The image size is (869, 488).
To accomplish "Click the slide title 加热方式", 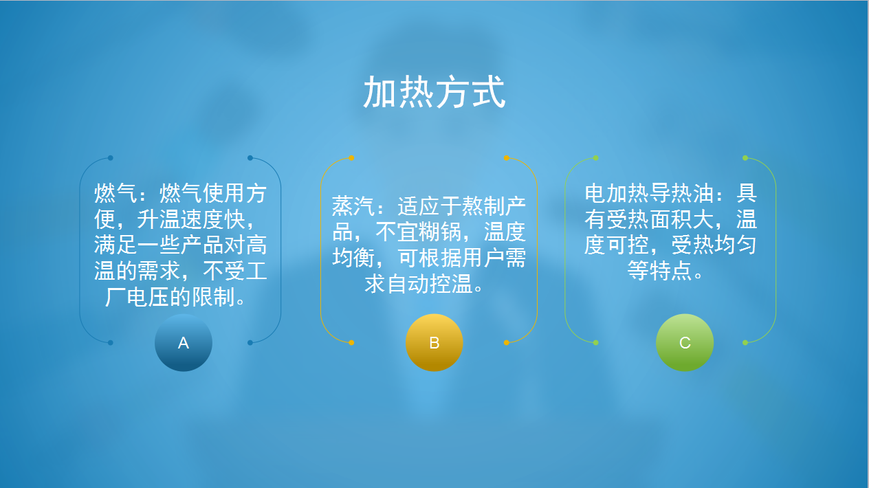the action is (x=434, y=92).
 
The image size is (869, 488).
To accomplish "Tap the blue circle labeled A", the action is (x=184, y=342).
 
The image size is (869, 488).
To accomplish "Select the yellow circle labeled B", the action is (x=434, y=342).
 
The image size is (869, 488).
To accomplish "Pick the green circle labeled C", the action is (x=685, y=342).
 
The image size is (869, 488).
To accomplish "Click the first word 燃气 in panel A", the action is (x=115, y=193).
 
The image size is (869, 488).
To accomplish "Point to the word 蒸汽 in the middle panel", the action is (x=353, y=206).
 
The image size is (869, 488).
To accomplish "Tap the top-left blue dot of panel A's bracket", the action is (x=111, y=158).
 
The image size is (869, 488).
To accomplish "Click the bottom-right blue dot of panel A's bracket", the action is (x=250, y=342).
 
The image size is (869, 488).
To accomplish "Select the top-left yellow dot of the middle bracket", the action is (x=351, y=158).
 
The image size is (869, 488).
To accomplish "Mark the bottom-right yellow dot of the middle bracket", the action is (x=506, y=342).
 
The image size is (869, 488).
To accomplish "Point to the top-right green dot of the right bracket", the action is (x=745, y=158).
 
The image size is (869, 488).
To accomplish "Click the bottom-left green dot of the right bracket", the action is (x=596, y=342).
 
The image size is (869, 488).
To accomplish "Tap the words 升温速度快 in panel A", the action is (x=191, y=219).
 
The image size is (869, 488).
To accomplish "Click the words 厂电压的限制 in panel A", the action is (x=170, y=297).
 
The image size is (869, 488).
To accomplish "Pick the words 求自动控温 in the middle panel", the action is (x=418, y=284).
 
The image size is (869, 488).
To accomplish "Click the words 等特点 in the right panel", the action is (x=660, y=271).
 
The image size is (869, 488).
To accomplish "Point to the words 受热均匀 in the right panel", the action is (x=714, y=245).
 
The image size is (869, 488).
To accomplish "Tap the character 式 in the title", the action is (x=488, y=92).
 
